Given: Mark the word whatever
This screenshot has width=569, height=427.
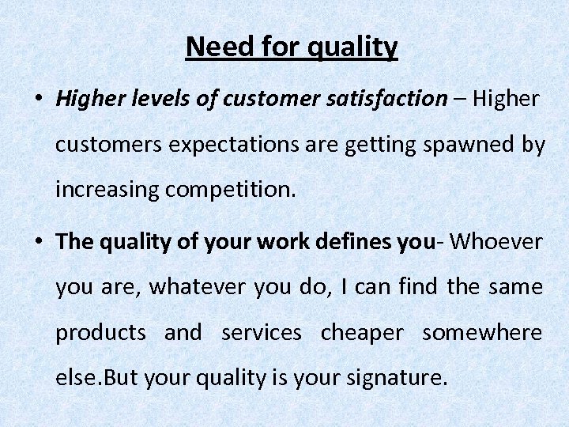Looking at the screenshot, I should coord(198,286).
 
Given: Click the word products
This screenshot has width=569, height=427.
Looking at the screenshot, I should coord(100,333).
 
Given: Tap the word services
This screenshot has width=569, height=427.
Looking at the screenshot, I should coord(262,333).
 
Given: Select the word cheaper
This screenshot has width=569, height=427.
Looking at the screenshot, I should coord(361,333).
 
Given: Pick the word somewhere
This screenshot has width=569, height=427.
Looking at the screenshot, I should coord(482,333).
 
